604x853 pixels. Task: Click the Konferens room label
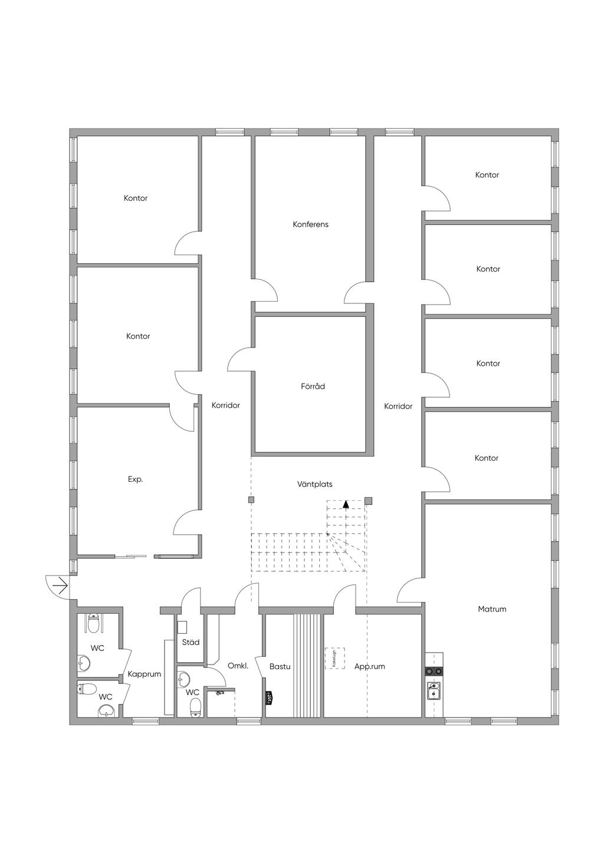tap(310, 224)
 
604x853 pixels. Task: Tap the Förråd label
tap(313, 386)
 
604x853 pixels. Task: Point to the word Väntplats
tap(314, 484)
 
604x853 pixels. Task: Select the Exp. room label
tap(135, 480)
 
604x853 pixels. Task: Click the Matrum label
tap(492, 609)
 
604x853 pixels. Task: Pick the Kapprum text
tap(144, 674)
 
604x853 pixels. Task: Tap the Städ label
tap(191, 642)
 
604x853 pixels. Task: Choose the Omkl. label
tap(238, 666)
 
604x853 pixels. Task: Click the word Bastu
tap(280, 666)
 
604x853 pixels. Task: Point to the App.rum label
tap(369, 666)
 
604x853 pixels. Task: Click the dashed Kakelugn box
tap(335, 658)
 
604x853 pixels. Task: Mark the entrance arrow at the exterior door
tap(59, 586)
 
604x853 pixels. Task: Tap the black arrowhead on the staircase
tap(346, 504)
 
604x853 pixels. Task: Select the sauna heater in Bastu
tap(269, 697)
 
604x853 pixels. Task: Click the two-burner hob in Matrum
tap(434, 671)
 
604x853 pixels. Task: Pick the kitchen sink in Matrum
tap(434, 690)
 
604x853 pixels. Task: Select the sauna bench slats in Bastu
tap(307, 666)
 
